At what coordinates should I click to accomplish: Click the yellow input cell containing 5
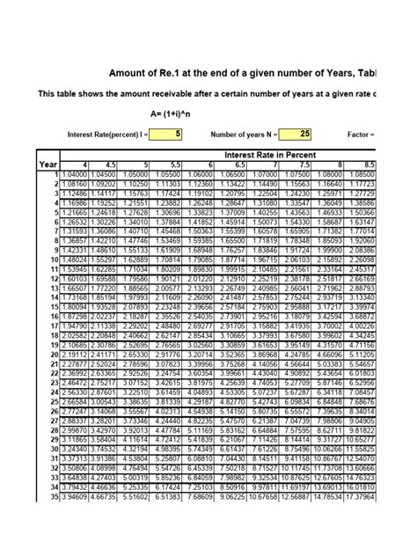165,134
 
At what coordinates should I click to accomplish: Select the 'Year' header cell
48,165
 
